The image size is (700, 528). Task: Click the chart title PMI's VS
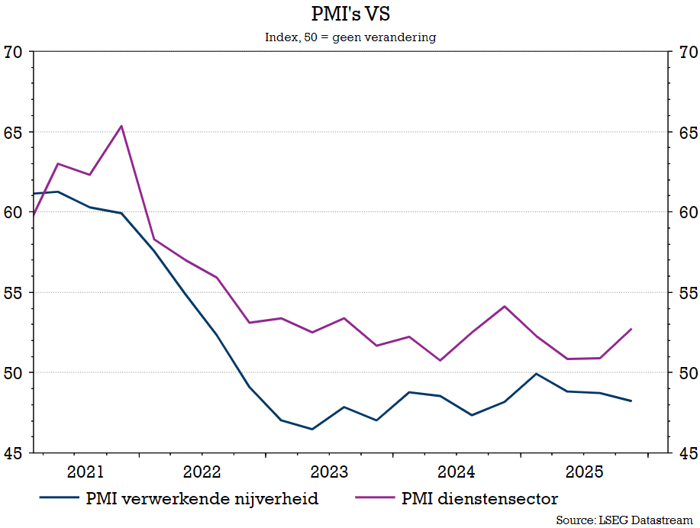[x=350, y=14]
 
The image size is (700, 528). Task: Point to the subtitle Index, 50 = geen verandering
[x=350, y=37]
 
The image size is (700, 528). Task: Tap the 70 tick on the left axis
[x=13, y=52]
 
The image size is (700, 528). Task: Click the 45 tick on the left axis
[x=13, y=452]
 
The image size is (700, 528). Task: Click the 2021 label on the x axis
[x=85, y=471]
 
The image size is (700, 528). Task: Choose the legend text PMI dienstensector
[x=479, y=499]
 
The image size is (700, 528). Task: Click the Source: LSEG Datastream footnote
[x=624, y=520]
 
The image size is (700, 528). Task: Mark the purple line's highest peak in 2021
[x=121, y=126]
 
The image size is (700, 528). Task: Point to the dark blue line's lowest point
[x=312, y=429]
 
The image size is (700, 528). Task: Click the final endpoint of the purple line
[x=631, y=329]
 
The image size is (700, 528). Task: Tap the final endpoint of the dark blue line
[x=631, y=401]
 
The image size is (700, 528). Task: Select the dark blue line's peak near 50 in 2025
[x=536, y=374]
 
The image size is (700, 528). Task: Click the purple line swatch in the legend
[x=376, y=499]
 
